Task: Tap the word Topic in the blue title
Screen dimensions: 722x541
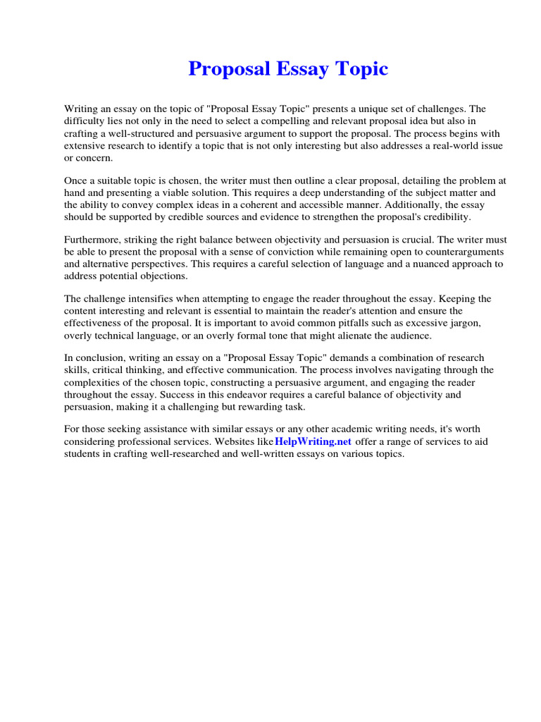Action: tap(361, 69)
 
